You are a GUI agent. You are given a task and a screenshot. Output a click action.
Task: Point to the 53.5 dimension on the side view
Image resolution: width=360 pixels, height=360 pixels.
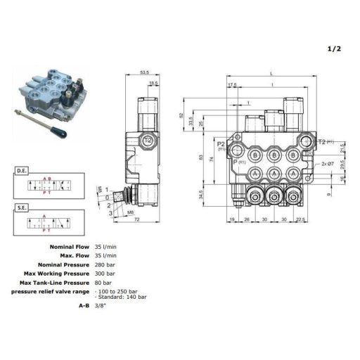pos(145,72)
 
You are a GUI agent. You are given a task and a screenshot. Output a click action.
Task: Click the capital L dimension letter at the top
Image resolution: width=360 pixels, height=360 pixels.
pos(270,73)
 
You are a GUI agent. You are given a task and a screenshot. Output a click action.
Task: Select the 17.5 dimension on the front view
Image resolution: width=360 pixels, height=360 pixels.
pos(232,86)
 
